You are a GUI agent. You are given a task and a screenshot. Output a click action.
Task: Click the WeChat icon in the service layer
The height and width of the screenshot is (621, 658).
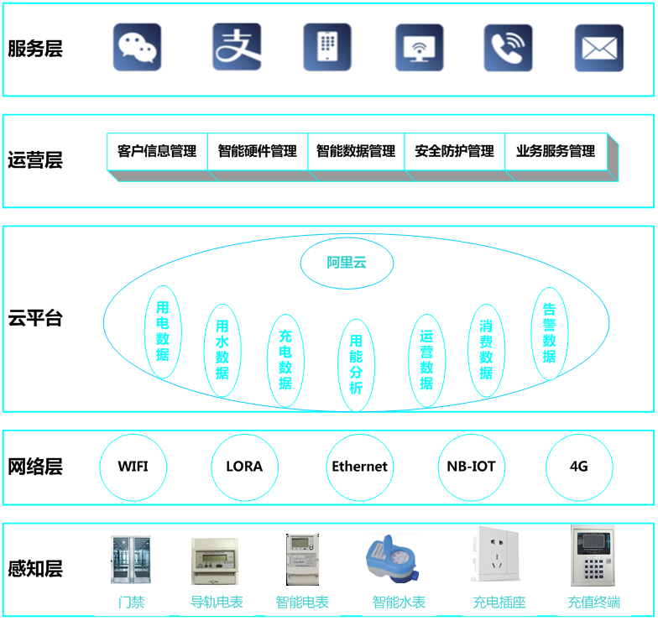click(137, 47)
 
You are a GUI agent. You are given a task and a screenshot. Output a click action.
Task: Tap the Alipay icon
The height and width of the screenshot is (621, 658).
click(237, 47)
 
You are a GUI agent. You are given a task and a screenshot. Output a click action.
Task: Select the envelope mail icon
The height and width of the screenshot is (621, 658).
click(598, 48)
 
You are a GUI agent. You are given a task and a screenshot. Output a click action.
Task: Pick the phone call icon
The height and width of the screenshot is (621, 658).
click(508, 47)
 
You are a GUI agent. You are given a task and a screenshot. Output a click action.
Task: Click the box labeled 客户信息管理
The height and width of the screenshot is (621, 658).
click(157, 152)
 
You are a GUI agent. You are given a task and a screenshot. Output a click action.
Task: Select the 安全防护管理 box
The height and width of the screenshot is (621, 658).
click(454, 152)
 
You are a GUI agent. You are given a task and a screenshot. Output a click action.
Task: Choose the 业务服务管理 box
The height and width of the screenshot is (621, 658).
click(555, 152)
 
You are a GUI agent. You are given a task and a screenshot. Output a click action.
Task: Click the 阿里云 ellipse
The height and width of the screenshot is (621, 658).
click(347, 263)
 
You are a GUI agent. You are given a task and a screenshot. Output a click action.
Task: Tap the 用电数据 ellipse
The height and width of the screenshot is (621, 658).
click(162, 331)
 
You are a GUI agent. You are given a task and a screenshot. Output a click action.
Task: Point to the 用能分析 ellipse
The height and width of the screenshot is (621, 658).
click(356, 365)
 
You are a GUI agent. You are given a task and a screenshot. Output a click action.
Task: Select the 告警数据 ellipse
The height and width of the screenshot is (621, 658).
click(549, 333)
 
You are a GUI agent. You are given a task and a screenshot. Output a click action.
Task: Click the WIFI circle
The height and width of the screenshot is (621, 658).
click(133, 467)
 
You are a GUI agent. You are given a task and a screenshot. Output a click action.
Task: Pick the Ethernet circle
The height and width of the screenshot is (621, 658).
click(359, 467)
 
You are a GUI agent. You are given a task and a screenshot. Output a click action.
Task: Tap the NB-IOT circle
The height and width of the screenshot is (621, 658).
click(471, 467)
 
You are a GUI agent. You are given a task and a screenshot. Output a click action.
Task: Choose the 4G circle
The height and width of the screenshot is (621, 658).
click(578, 467)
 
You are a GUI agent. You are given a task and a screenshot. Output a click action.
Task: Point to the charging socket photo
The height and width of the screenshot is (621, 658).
click(499, 554)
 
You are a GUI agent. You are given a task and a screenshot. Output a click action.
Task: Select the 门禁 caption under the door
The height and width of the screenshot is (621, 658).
click(131, 602)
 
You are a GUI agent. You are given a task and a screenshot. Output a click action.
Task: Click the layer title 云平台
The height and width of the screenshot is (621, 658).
click(35, 318)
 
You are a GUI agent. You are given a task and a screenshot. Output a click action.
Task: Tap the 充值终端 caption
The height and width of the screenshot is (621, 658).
click(593, 602)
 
